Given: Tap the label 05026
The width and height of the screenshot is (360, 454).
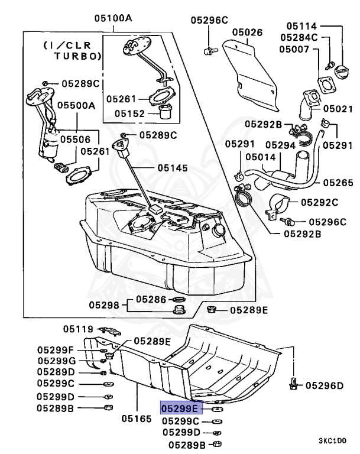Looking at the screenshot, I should tap(247, 32).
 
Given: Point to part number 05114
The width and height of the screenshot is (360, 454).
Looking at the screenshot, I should tap(302, 27).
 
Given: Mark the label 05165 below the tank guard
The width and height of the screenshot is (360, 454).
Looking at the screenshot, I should tap(137, 419).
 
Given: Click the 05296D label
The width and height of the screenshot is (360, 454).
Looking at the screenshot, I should tap(325, 386).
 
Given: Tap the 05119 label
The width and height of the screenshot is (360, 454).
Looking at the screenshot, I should tap(79, 329).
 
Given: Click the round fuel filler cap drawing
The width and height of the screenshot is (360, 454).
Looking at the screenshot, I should tap(343, 76).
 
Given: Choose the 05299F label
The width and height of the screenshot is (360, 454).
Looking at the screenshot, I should tap(56, 349).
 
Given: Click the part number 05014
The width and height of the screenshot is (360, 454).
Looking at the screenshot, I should tap(261, 157).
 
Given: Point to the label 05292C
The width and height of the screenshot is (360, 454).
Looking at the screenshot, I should tap(319, 202).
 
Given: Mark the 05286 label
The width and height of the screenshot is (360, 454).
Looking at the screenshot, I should tap(151, 300).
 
